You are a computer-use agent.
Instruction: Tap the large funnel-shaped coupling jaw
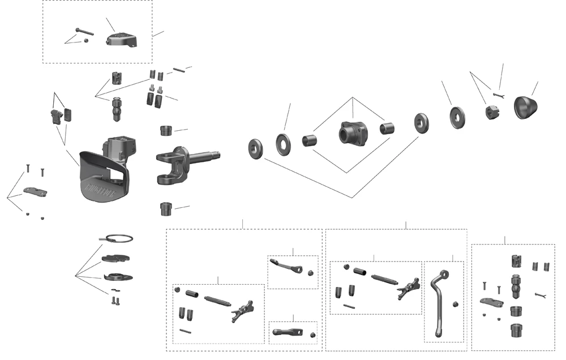[x=105, y=175]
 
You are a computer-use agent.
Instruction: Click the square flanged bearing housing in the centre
[x=353, y=134]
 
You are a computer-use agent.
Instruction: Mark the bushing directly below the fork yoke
[x=166, y=209]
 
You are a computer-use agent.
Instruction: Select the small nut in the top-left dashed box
[x=85, y=40]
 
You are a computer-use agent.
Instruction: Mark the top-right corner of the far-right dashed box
[x=554, y=245]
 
